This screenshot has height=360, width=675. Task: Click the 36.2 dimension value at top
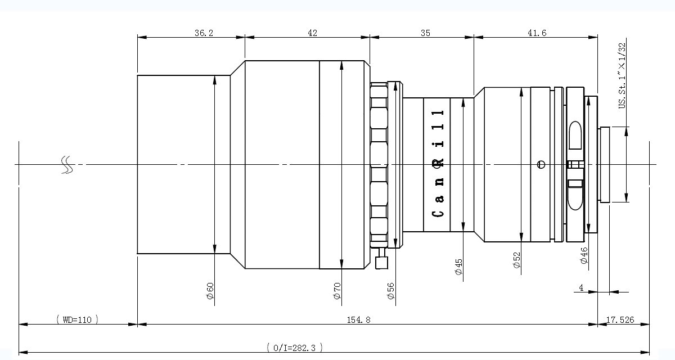(x=204, y=33)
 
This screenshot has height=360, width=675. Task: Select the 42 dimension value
(x=312, y=33)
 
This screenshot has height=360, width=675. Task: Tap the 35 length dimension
(x=425, y=33)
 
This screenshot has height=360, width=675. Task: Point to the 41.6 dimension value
(x=537, y=33)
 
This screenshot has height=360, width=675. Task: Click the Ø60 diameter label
(x=210, y=291)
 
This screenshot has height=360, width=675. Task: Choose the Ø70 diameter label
(x=337, y=291)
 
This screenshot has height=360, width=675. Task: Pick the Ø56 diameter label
(x=390, y=291)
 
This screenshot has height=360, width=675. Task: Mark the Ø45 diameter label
(x=458, y=267)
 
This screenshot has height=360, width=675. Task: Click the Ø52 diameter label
(x=516, y=260)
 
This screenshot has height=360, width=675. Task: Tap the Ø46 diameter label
(x=584, y=255)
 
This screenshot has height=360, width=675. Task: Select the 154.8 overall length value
(x=358, y=319)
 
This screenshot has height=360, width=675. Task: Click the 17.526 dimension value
(x=620, y=319)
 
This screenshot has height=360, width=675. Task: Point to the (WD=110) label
(x=78, y=319)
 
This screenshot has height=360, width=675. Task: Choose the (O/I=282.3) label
(x=294, y=348)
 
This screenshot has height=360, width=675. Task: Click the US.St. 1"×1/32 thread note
(x=622, y=75)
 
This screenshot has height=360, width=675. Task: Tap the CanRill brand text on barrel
(x=438, y=164)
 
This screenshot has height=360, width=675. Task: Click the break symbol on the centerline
(x=67, y=165)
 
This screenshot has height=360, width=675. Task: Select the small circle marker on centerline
(x=541, y=164)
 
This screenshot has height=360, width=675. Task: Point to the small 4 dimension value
(x=581, y=287)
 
